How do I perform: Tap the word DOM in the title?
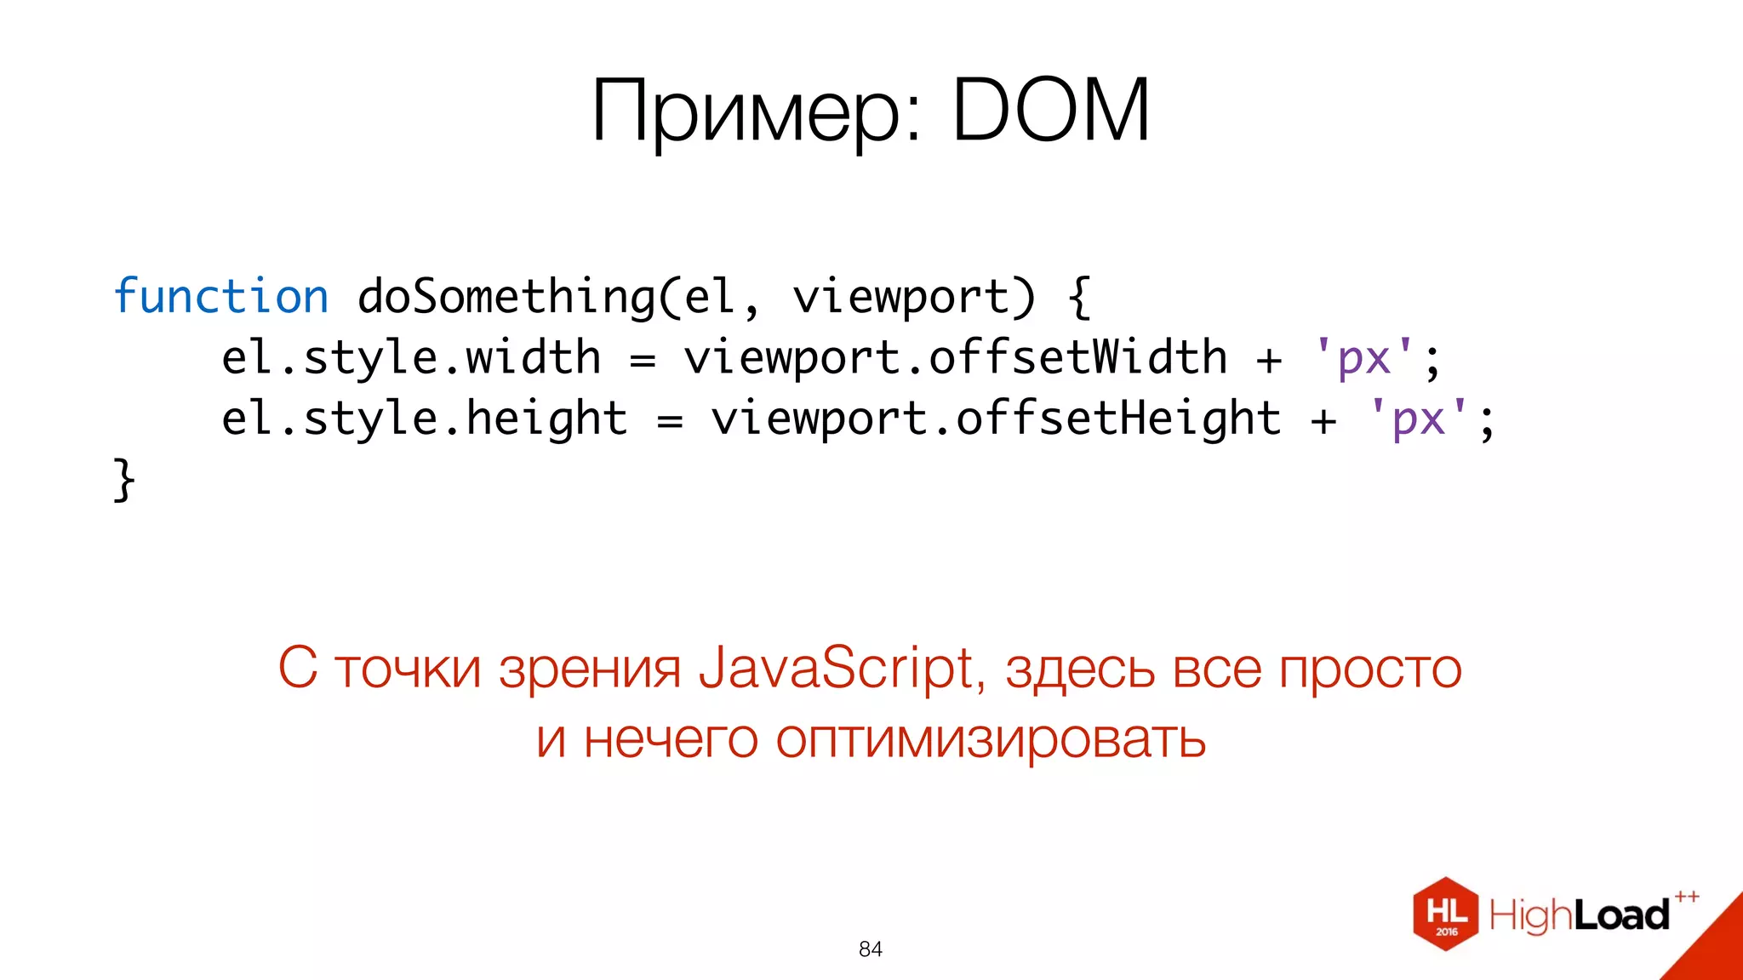point(1051,110)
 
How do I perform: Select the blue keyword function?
point(220,297)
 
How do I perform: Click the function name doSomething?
point(506,297)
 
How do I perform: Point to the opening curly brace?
point(1078,297)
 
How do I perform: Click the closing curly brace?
point(124,480)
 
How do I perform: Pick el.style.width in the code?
point(411,358)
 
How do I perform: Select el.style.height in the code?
point(424,419)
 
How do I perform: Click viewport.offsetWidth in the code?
point(955,358)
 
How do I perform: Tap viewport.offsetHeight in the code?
point(996,419)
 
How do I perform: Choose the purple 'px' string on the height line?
point(1419,419)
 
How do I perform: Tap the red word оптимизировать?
point(990,738)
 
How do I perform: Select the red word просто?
point(1370,669)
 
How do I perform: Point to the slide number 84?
point(871,949)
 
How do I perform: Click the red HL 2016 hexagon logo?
point(1445,914)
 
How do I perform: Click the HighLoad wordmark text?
point(1580,915)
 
